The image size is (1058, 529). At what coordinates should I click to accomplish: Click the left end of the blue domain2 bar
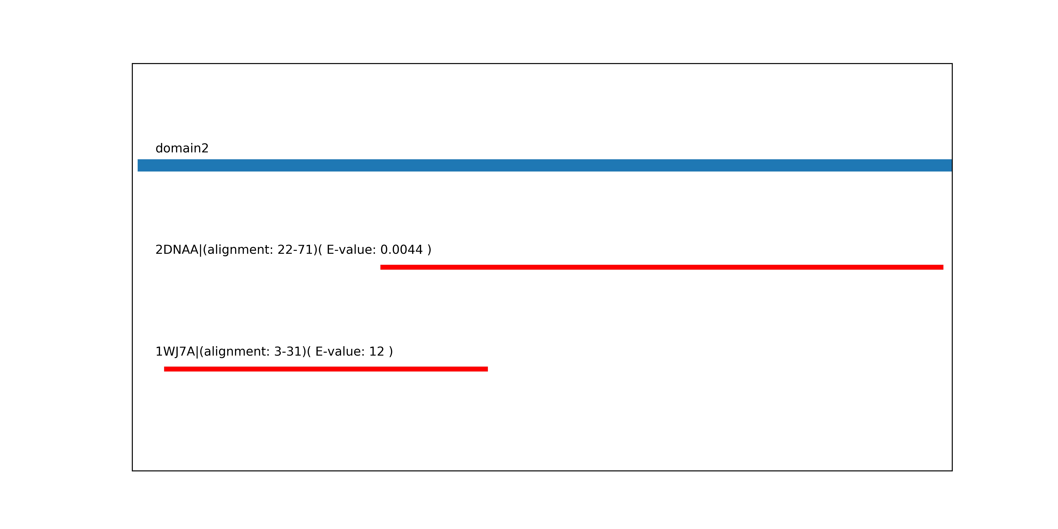138,165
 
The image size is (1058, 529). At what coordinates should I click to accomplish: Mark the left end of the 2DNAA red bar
381,267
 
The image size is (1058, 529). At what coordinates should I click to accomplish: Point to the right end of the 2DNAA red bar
943,267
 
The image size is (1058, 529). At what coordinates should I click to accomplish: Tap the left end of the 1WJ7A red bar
164,369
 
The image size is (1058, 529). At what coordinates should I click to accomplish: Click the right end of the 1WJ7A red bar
488,369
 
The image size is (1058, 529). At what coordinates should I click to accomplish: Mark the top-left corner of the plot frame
132,64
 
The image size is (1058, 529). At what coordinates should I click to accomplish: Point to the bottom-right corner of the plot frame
952,471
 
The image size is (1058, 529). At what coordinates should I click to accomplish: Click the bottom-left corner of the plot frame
132,471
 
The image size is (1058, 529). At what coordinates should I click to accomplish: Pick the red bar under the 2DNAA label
662,267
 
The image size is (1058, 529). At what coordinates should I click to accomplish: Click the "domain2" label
182,148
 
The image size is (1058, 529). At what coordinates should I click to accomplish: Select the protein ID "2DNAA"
177,250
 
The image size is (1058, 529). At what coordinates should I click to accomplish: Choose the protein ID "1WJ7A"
175,352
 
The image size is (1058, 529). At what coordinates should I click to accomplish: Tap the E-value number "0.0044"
402,250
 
